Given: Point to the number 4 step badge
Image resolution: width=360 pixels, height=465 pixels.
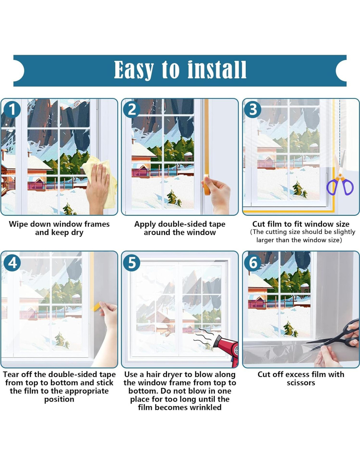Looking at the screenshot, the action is [x=12, y=263].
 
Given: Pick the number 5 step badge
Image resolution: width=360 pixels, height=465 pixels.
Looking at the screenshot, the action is [x=132, y=263].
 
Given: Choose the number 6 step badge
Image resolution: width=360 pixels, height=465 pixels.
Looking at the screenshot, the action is [x=253, y=263].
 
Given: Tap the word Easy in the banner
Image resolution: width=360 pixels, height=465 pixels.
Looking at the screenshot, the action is [x=134, y=70].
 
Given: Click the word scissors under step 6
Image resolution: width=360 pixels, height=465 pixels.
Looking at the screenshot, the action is [x=301, y=383].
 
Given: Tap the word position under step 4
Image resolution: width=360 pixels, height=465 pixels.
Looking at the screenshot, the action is [x=59, y=399].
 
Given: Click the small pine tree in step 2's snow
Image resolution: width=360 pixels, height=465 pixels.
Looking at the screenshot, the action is [x=174, y=198].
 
